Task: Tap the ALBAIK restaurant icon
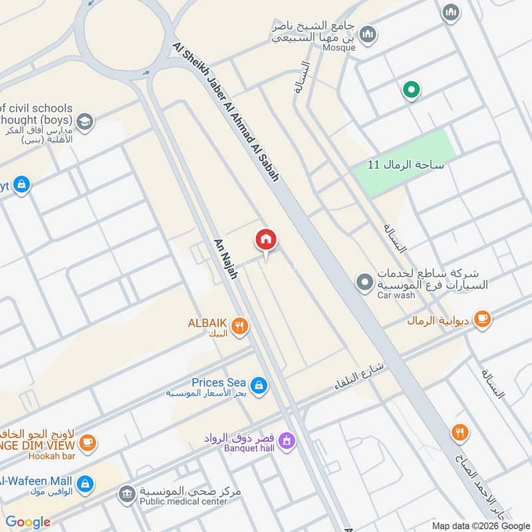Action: pyautogui.click(x=240, y=325)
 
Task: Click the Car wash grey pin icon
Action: pyautogui.click(x=364, y=283)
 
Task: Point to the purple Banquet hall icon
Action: pyautogui.click(x=287, y=440)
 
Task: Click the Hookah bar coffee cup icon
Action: pyautogui.click(x=87, y=442)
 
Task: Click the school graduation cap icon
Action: pyautogui.click(x=84, y=122)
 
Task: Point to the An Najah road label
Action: pyautogui.click(x=225, y=258)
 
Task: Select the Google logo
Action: pyautogui.click(x=28, y=522)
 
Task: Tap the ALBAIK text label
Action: pyautogui.click(x=208, y=323)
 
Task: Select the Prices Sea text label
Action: pyautogui.click(x=219, y=382)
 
